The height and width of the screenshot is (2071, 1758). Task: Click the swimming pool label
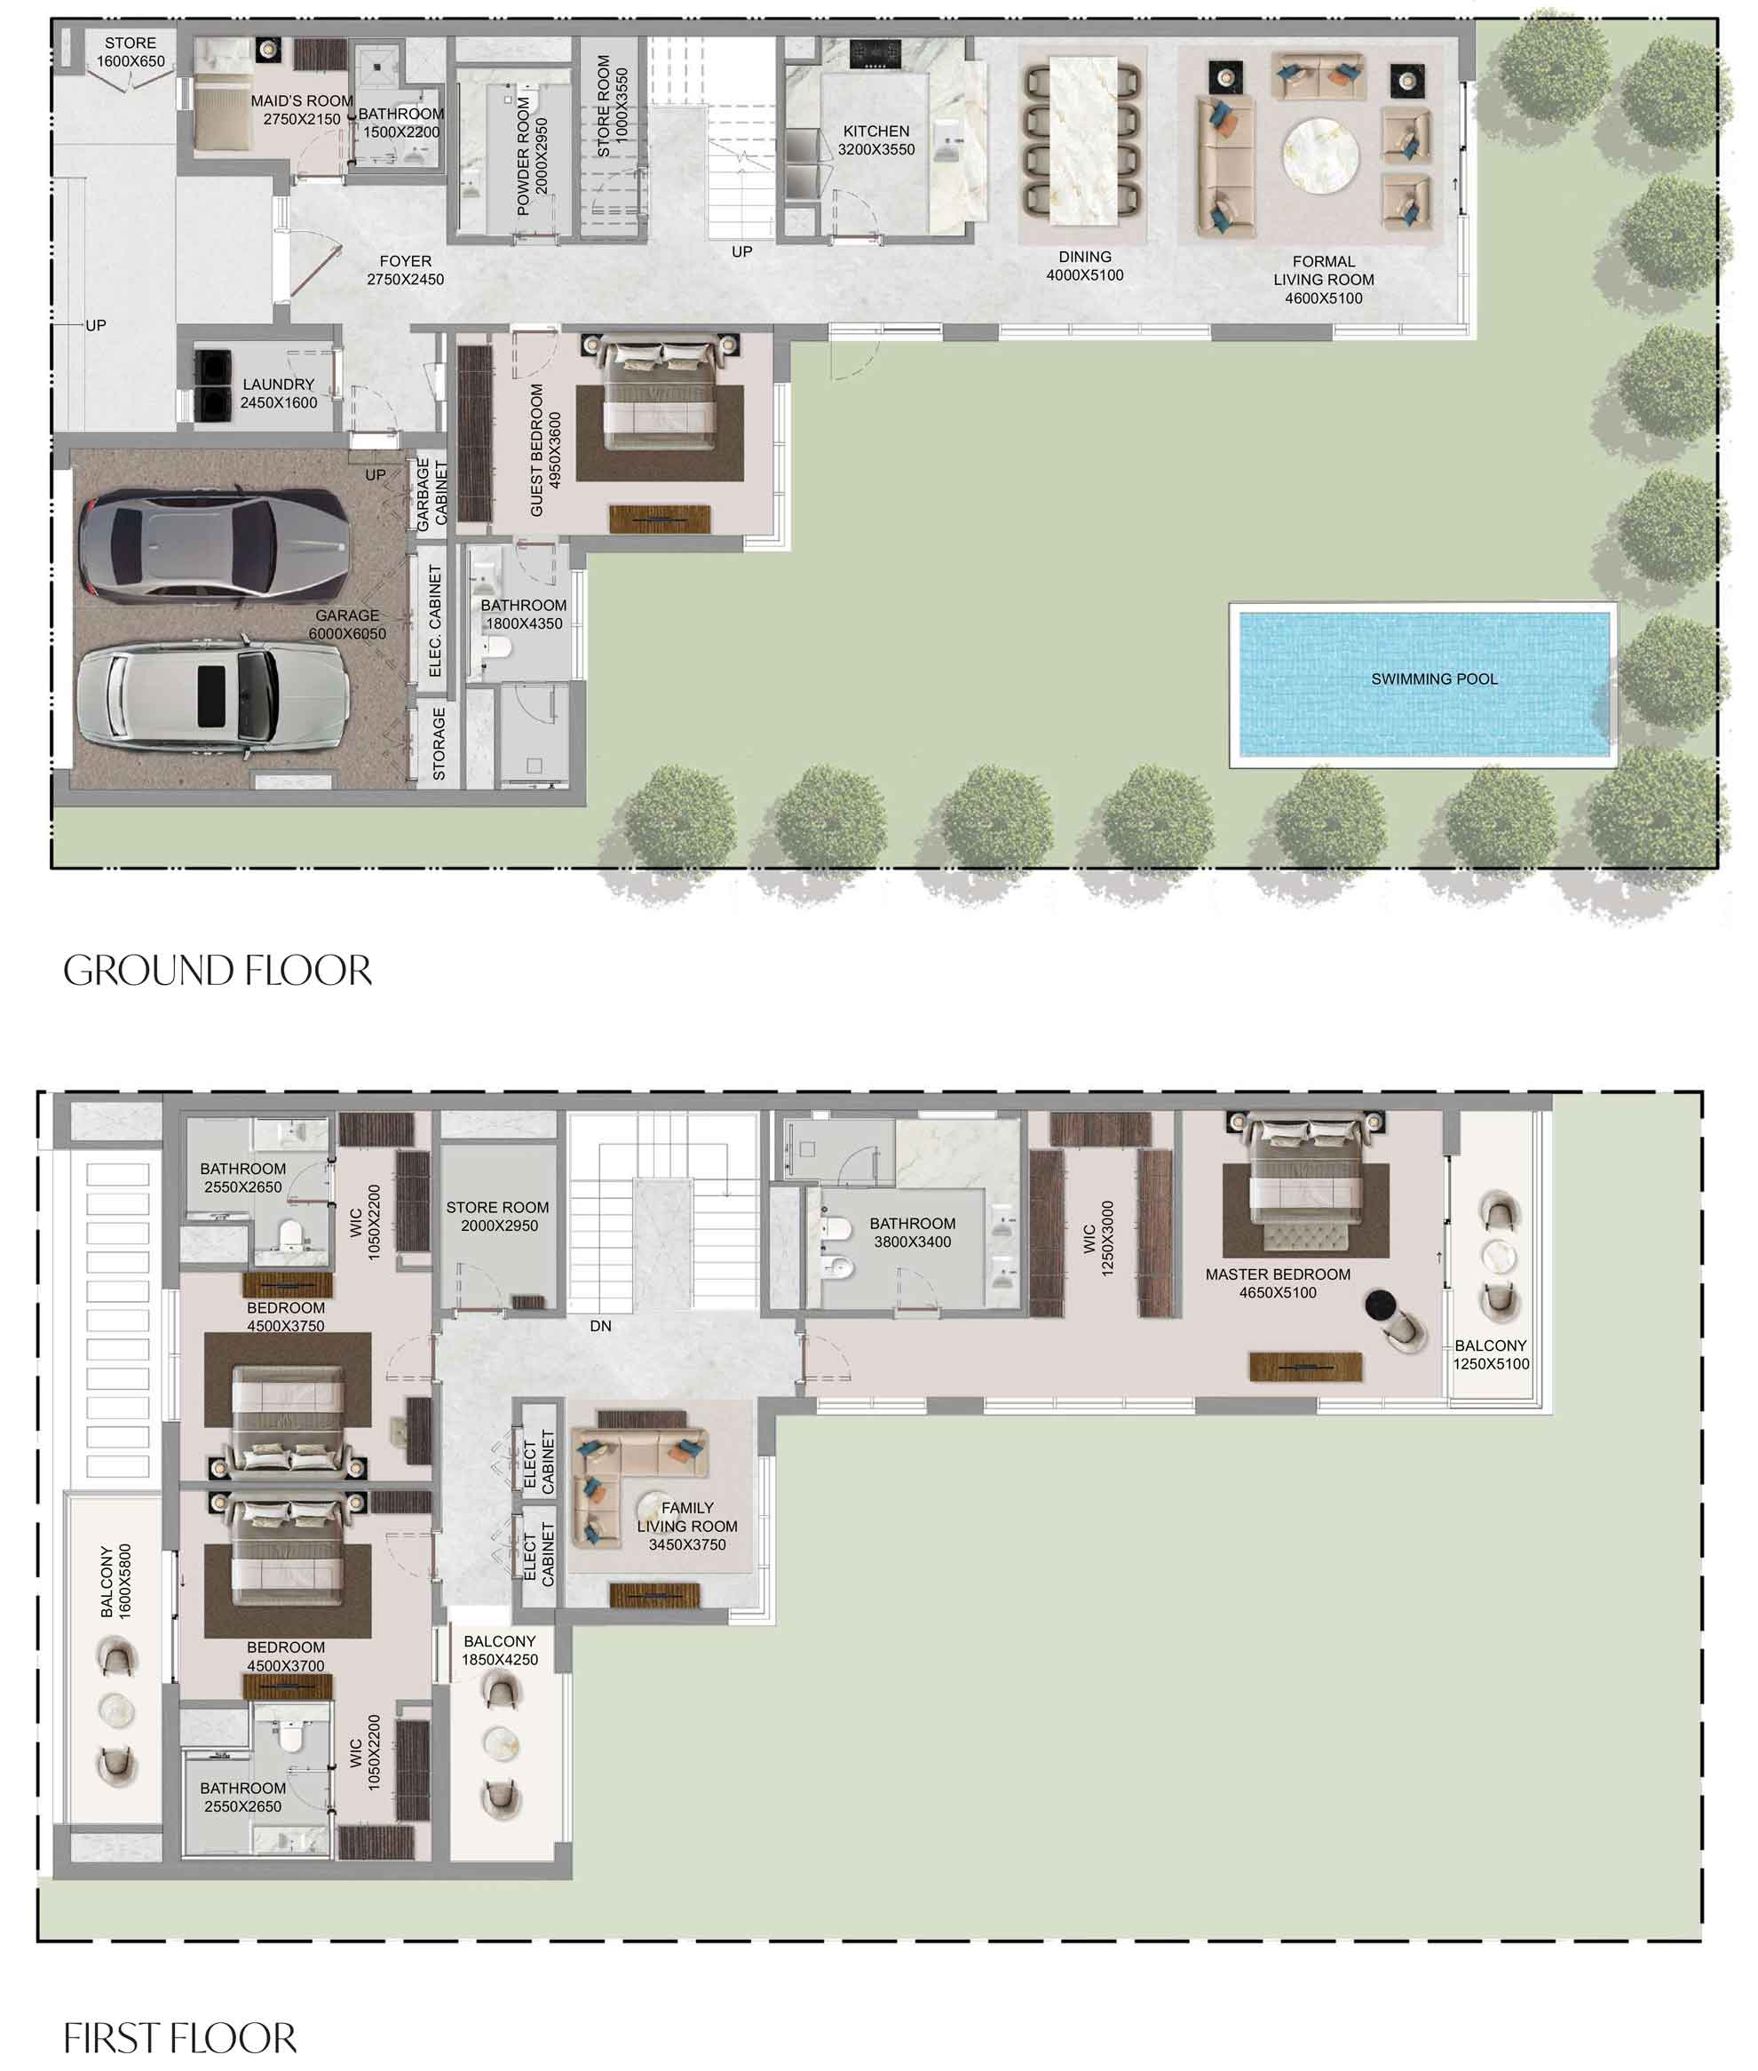point(1433,678)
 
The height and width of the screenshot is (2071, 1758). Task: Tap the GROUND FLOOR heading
point(218,971)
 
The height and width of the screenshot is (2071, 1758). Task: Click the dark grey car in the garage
point(214,546)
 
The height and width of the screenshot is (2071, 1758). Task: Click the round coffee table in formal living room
point(1319,156)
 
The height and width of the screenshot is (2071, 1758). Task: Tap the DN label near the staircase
point(600,1327)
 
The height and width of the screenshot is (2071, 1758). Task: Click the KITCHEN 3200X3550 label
point(876,140)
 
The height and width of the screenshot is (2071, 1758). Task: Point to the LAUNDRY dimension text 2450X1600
point(278,402)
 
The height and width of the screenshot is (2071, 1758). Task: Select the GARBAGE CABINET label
point(432,495)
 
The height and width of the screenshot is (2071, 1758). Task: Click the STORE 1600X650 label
point(131,52)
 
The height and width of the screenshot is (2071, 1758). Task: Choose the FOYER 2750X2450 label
point(405,270)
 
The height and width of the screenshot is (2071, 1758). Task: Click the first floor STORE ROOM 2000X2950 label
point(498,1216)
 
